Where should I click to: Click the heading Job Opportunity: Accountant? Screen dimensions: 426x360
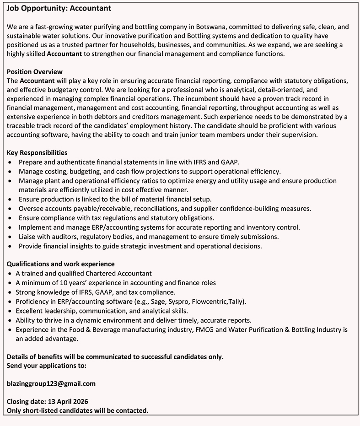[x=59, y=8]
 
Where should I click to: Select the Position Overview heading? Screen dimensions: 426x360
[x=35, y=71]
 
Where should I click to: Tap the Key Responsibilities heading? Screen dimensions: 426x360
[x=37, y=152]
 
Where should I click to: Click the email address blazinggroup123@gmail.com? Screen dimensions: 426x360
[x=51, y=383]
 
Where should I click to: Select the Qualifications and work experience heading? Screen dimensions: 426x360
[x=61, y=264]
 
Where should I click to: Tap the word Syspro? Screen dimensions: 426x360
[x=181, y=301]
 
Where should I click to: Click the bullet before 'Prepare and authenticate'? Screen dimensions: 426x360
[x=11, y=162]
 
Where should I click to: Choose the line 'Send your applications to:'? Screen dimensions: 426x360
[x=47, y=365]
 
